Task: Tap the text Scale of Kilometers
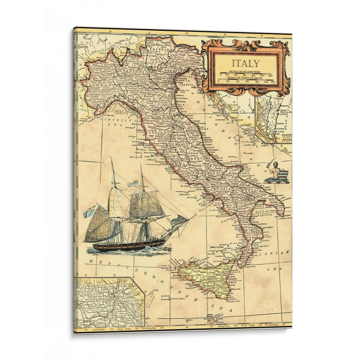(245, 72)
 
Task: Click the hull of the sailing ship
(130, 245)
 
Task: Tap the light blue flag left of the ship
(90, 210)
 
